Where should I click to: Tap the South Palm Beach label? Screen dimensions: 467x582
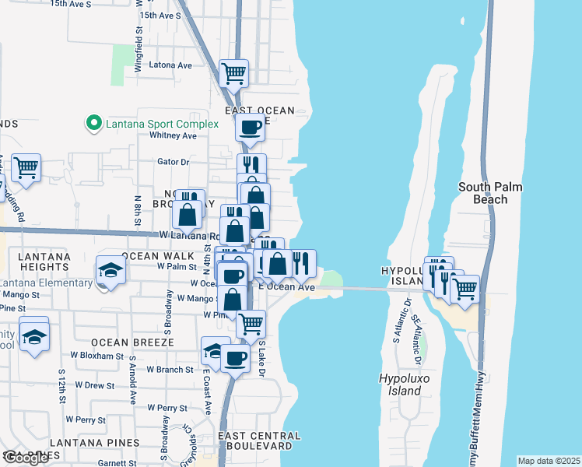point(489,193)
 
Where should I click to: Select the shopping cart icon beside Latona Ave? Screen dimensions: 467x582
point(234,74)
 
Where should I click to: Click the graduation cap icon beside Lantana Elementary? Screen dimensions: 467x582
point(110,270)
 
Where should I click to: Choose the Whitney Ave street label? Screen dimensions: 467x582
point(174,135)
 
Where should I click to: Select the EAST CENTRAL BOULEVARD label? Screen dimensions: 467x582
point(259,442)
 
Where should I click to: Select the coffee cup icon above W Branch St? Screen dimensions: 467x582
point(235,358)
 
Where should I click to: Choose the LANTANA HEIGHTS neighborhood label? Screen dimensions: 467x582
point(35,262)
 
